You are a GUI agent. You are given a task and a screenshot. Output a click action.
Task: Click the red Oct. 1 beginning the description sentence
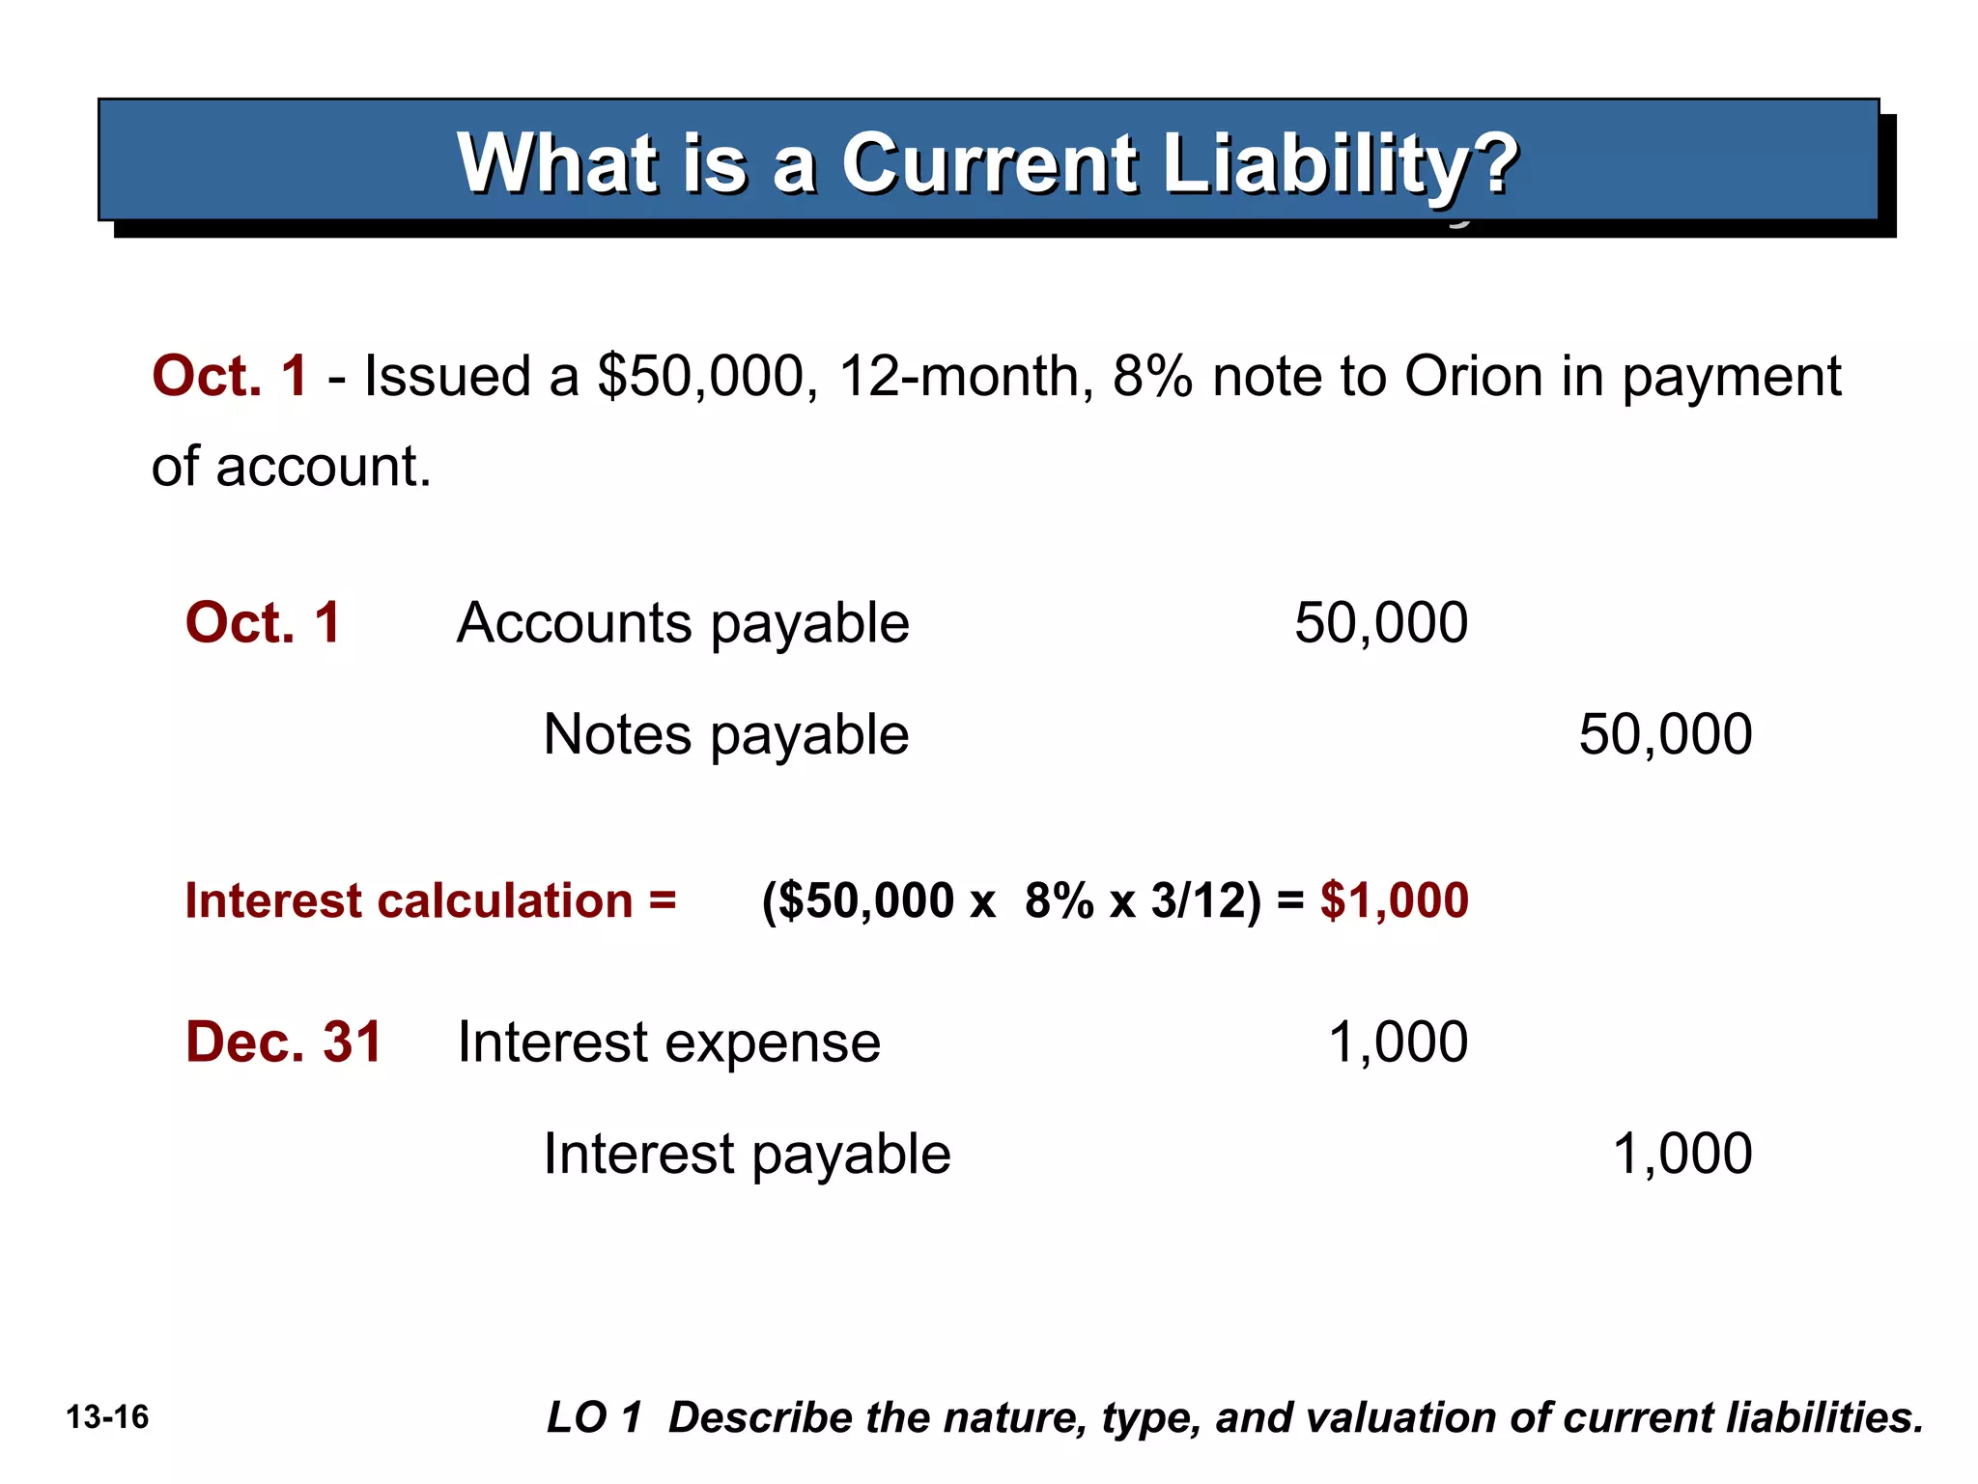230,376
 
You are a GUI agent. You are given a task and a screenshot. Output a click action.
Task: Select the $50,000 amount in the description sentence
700,376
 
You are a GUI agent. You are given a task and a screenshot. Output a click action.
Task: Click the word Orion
1473,376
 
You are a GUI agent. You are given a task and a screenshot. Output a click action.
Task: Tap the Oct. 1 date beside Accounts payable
263,622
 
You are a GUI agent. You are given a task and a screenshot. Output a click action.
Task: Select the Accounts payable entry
683,624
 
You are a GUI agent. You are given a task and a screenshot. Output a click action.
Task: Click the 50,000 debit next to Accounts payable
1380,623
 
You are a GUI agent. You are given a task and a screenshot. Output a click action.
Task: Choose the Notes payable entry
725,735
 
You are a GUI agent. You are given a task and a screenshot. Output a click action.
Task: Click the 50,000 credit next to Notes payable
1665,734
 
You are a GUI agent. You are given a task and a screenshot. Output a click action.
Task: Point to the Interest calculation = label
431,900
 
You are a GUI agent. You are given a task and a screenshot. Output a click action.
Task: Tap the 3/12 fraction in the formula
1198,900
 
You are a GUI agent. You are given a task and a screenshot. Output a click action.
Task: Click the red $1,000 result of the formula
1394,900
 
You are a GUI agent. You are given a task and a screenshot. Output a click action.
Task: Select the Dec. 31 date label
284,1042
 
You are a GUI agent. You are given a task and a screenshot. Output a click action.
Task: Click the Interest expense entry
668,1043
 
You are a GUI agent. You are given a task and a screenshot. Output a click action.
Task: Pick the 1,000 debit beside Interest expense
1398,1042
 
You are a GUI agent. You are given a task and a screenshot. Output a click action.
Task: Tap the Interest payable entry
747,1155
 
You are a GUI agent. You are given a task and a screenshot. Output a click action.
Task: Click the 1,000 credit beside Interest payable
1681,1154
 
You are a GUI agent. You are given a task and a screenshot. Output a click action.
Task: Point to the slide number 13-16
107,1417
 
